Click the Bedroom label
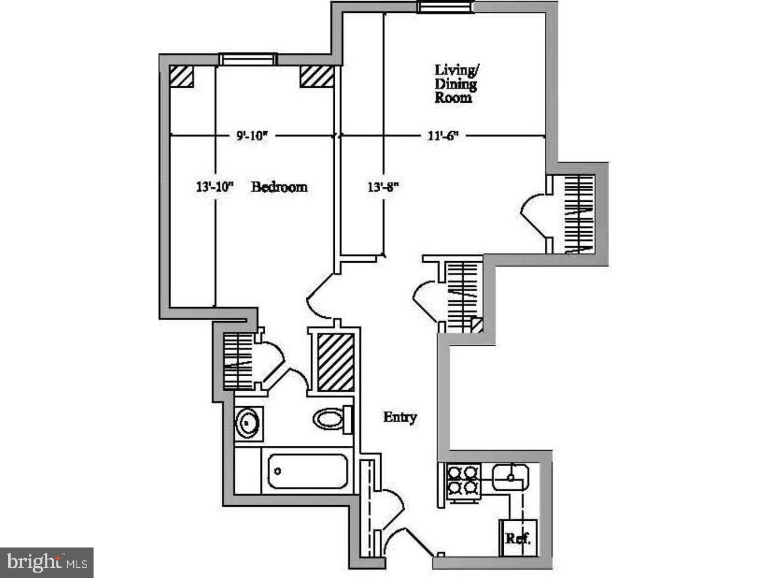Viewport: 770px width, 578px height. click(279, 187)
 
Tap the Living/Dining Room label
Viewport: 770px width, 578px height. click(456, 83)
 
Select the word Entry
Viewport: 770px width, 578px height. click(400, 417)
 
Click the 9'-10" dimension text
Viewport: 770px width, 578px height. click(251, 135)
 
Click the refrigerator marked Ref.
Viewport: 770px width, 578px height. click(518, 537)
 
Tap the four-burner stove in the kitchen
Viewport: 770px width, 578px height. click(461, 480)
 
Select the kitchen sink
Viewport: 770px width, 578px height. click(511, 476)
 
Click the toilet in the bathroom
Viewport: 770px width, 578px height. click(332, 419)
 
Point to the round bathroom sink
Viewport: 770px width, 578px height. click(248, 423)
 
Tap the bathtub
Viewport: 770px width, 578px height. click(307, 471)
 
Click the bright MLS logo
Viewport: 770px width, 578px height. click(47, 562)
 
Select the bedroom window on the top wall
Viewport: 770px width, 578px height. click(247, 59)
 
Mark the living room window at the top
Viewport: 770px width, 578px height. click(445, 6)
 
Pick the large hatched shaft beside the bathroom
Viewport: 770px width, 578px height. click(336, 362)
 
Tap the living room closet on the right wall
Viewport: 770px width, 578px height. click(580, 214)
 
